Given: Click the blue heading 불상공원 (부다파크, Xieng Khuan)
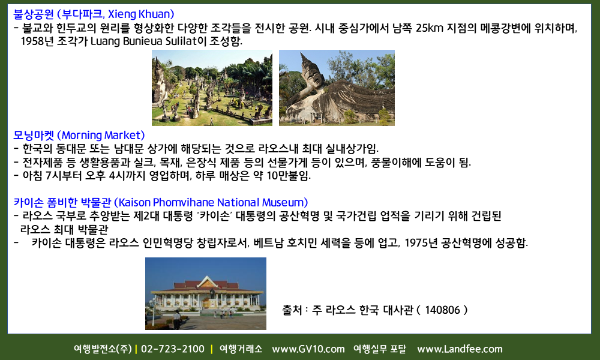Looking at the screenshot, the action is click(x=94, y=14).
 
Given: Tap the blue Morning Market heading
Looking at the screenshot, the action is click(x=79, y=135).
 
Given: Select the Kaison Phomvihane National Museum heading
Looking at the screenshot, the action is click(x=161, y=202).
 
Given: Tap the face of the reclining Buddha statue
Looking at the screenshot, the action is click(x=313, y=79).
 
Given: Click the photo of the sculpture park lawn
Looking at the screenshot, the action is click(x=212, y=88).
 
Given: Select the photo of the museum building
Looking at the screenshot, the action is click(x=205, y=293).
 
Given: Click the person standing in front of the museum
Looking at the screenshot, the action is click(x=176, y=319).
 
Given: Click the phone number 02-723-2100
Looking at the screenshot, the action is click(x=173, y=349).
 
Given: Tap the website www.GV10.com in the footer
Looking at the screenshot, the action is click(x=308, y=349).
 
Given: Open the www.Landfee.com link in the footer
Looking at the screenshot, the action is click(x=460, y=349).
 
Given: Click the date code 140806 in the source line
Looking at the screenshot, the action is click(x=442, y=310).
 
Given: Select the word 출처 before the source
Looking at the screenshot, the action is click(x=292, y=310).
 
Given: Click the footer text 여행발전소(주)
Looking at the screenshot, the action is click(x=103, y=349).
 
